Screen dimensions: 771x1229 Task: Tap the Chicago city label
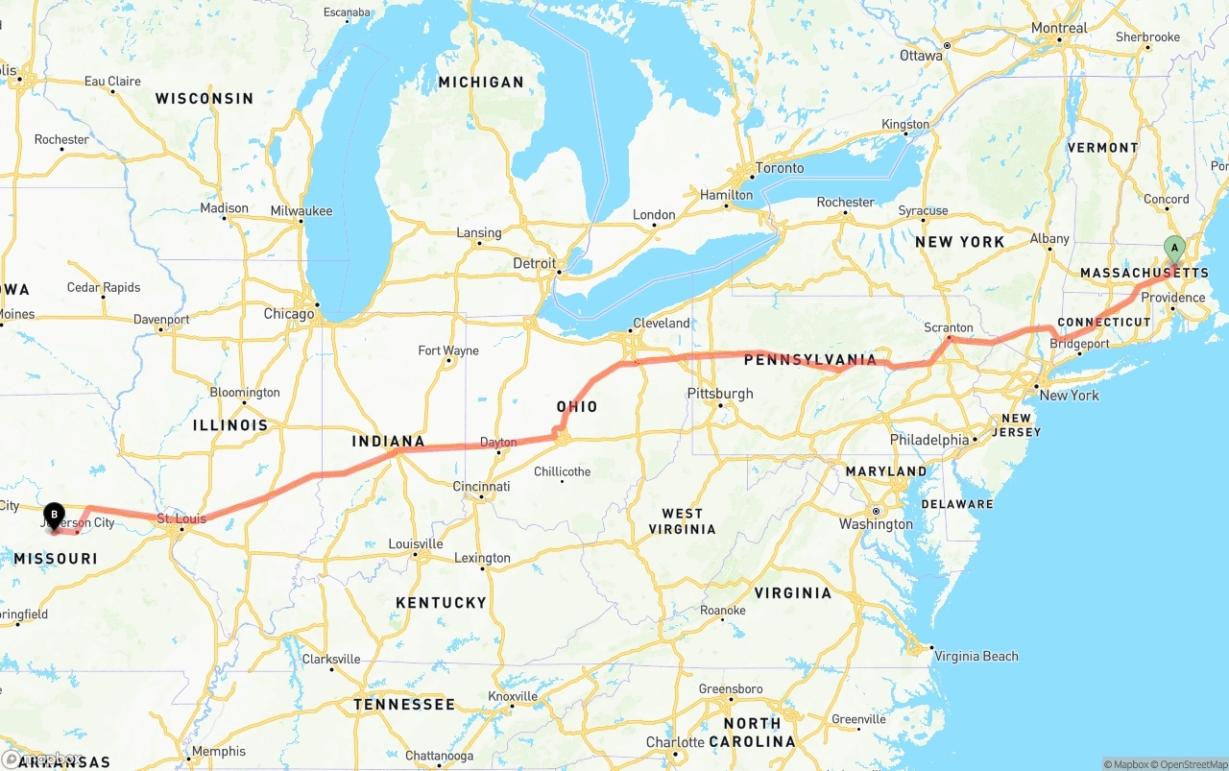coord(289,314)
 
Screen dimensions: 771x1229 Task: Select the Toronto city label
coord(779,168)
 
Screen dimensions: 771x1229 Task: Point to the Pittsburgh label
coord(720,394)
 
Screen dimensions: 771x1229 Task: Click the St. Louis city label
coord(181,519)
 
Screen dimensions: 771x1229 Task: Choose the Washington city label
coord(876,524)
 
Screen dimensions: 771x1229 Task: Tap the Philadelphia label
coord(928,440)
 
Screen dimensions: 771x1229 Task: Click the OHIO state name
coord(577,407)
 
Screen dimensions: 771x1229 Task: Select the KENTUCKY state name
coord(441,603)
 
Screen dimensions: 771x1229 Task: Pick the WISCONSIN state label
coord(205,99)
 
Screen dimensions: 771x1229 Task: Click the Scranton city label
coord(948,327)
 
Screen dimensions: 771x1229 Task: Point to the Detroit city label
coord(534,263)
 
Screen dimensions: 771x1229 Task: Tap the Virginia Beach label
coord(976,657)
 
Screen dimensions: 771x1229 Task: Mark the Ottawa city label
coord(921,56)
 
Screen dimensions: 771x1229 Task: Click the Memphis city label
coord(219,752)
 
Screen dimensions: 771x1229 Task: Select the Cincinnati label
coord(481,487)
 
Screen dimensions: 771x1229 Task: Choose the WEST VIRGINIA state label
coord(682,521)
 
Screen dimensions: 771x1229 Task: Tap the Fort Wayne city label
coord(448,350)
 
